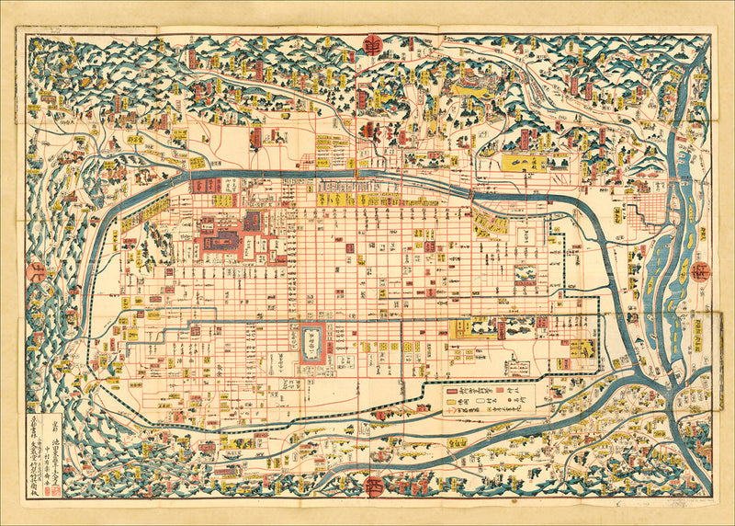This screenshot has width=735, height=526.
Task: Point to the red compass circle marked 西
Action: tap(375, 486)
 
